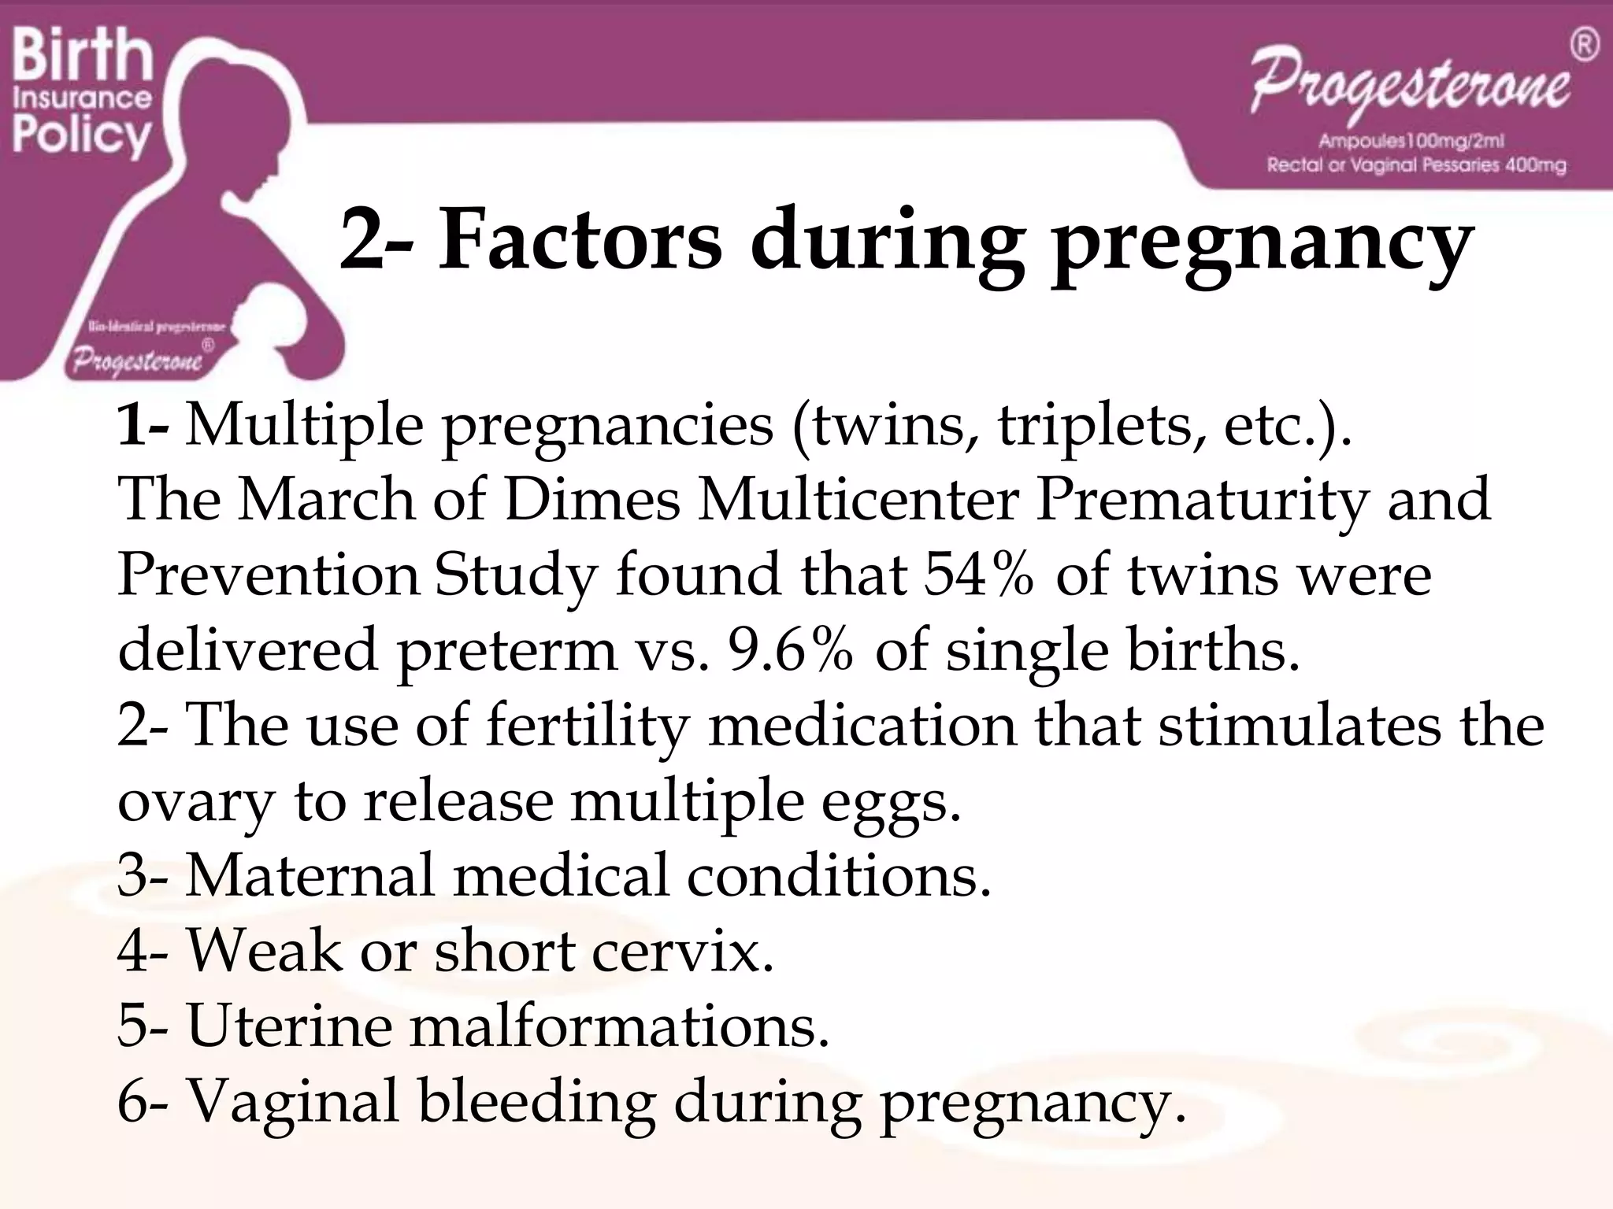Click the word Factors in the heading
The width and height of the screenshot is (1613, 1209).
pos(579,239)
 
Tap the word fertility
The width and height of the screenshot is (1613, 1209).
pos(587,726)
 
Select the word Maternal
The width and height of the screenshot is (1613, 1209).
pos(310,875)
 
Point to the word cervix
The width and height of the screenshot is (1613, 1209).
pos(682,951)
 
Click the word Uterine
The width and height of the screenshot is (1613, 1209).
pos(288,1026)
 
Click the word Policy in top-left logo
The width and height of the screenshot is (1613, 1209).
pos(80,135)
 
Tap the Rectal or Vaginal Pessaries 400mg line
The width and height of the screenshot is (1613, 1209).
pos(1415,165)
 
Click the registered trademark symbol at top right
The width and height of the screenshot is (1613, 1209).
pos(1584,46)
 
